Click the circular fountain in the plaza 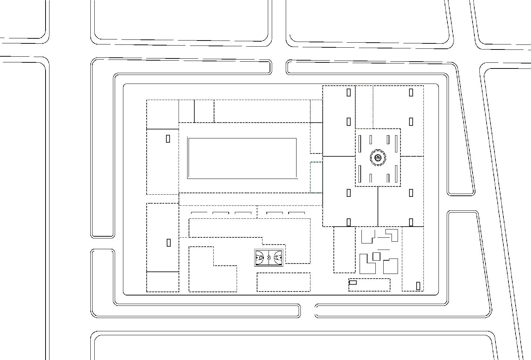[378, 158]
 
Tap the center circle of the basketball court [269, 257]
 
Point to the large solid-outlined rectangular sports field [242, 158]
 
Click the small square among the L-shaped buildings [376, 256]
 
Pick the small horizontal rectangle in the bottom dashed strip [353, 283]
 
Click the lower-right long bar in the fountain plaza [396, 174]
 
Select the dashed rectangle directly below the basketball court [284, 282]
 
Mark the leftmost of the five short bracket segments [199, 213]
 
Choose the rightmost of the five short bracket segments [297, 213]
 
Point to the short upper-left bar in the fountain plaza [371, 139]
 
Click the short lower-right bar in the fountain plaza [388, 178]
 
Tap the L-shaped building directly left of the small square [366, 264]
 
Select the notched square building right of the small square [391, 266]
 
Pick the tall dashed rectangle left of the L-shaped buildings [345, 250]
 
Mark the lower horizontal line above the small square [383, 249]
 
